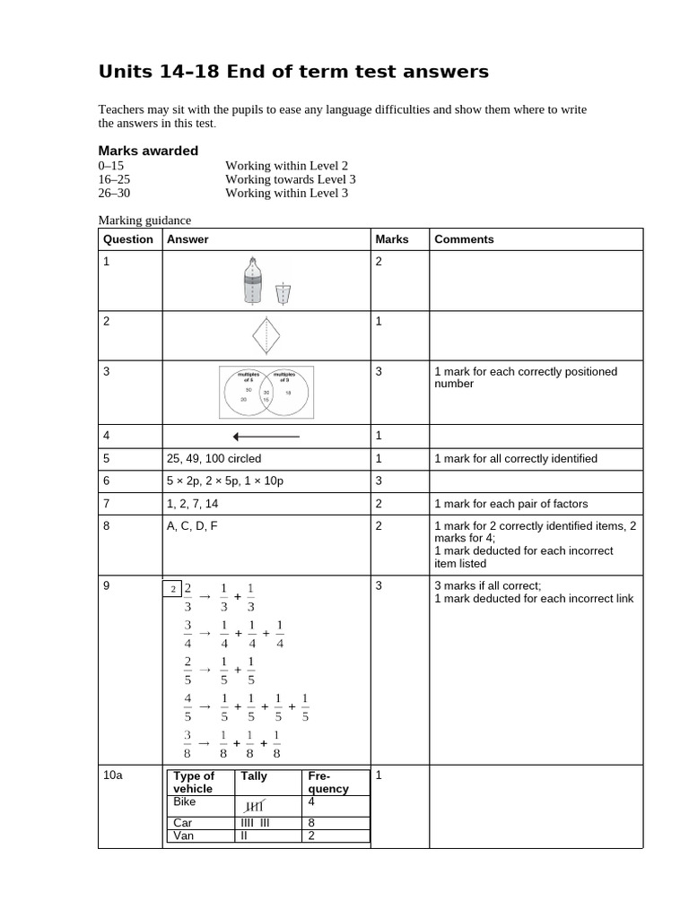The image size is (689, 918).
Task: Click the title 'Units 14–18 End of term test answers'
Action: coord(292,72)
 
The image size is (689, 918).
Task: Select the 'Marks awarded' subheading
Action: coord(147,151)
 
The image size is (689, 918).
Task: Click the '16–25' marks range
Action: coord(114,179)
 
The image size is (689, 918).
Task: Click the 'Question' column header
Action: coord(128,239)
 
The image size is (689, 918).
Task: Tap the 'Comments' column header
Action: coord(464,239)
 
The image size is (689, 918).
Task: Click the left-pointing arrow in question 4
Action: coord(266,437)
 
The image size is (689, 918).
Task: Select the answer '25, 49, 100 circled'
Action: coord(214,459)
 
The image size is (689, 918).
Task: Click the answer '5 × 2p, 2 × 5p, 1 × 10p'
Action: coord(223,481)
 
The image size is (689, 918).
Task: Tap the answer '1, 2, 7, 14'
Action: coord(192,504)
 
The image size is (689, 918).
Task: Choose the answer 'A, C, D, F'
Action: coord(192,526)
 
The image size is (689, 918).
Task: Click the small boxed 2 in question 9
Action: coord(171,589)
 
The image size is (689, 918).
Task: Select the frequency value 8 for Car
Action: coord(311,823)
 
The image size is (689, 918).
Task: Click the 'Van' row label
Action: coord(182,836)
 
